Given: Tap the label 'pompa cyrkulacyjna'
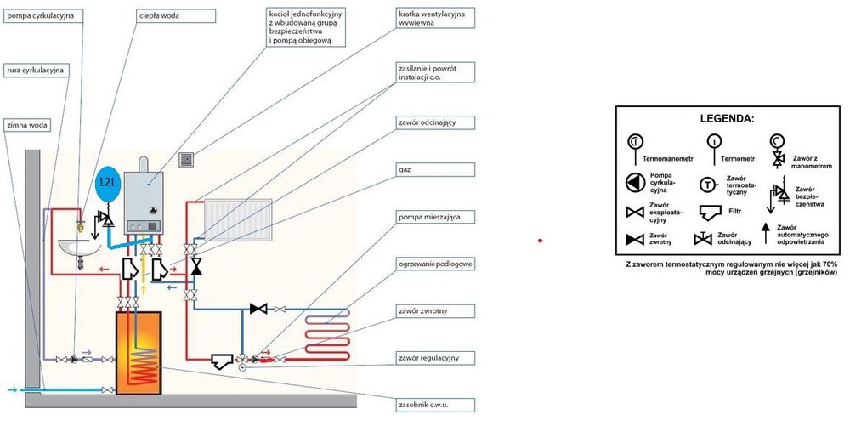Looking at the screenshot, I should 42,15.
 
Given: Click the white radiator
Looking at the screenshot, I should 239,216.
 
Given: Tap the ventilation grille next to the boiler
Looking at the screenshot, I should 188,159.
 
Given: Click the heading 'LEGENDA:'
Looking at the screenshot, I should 727,118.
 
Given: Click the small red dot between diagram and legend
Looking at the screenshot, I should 540,241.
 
